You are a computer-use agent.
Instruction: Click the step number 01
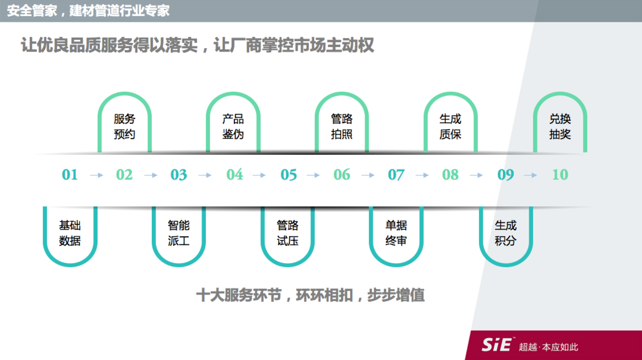coord(70,174)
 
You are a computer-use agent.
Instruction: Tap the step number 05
coord(289,174)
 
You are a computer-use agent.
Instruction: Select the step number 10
coord(560,174)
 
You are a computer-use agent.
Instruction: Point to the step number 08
coord(451,174)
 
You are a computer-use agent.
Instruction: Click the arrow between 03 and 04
coord(205,175)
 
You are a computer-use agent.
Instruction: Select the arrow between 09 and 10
coord(531,175)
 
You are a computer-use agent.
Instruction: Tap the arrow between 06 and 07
coord(368,175)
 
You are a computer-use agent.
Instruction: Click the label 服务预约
coord(125,127)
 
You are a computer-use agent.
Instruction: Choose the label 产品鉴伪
coord(233,127)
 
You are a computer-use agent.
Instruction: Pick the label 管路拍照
coord(342,127)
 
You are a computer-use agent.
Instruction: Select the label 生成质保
coord(451,127)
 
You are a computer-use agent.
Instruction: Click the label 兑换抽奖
coord(560,127)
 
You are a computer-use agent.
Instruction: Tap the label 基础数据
coord(70,233)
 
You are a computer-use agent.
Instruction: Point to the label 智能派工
coord(179,233)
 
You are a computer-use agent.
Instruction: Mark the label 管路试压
coord(288,233)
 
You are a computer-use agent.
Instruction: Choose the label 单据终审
coord(396,233)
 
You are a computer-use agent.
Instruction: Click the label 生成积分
coord(505,233)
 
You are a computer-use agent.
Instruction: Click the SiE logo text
coord(497,345)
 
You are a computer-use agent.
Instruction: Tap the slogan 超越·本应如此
coord(548,347)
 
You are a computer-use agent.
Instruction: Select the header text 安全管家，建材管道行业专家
coord(88,10)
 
